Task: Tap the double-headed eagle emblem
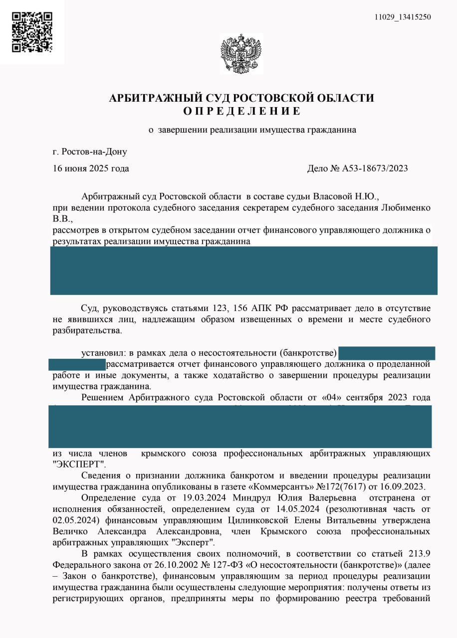[x=241, y=54]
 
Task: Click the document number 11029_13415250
[x=403, y=17]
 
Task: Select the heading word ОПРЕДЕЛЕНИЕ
[x=241, y=111]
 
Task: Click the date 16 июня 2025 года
[x=91, y=168]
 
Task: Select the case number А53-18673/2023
[x=375, y=168]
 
